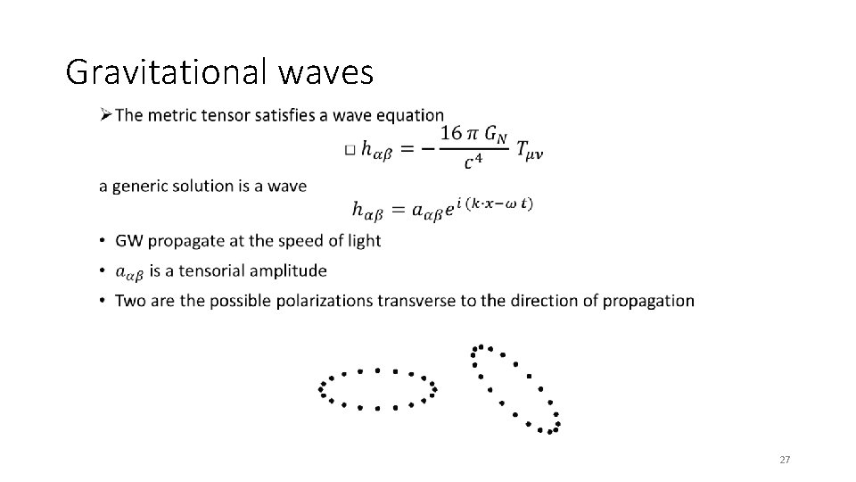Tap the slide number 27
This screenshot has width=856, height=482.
(785, 460)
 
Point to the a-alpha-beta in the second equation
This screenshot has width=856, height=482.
(423, 212)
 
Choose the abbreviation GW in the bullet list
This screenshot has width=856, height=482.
(130, 241)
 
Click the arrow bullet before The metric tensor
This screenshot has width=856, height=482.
(105, 115)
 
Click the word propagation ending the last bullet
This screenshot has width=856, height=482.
(651, 300)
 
